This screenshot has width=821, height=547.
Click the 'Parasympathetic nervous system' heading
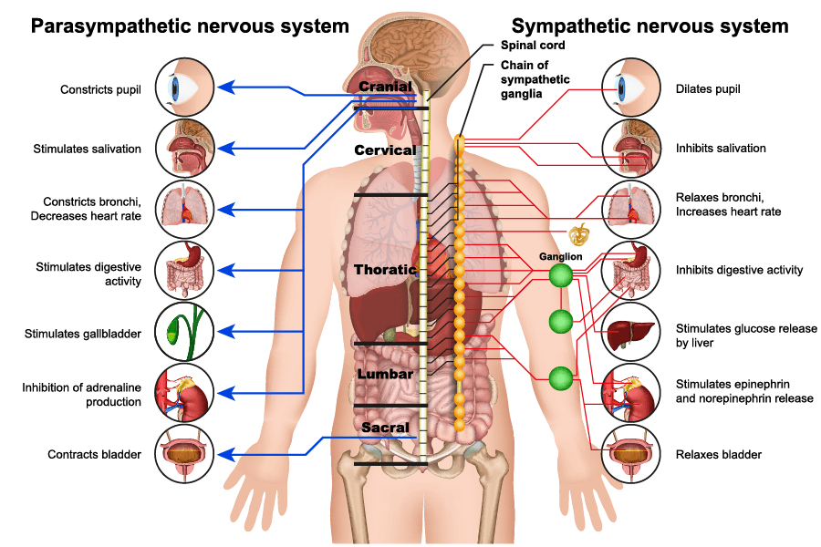190,26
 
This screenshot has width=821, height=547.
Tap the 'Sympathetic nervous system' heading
650,26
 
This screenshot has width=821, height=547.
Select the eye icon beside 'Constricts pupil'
185,88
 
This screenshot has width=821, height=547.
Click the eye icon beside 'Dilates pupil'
631,88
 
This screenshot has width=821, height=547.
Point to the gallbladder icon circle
185,333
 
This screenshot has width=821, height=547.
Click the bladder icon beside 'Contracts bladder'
185,453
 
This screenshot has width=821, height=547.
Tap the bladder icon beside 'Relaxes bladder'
631,453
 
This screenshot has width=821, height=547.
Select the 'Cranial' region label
386,87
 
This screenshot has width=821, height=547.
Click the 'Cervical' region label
385,150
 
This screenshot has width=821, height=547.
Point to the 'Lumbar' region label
386,374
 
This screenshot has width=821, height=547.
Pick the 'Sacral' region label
385,427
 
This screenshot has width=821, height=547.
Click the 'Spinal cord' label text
533,45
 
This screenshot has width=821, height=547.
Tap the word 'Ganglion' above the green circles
560,256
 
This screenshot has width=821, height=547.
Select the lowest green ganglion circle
560,377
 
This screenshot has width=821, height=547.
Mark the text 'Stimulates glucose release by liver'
746,335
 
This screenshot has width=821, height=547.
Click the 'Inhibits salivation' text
721,148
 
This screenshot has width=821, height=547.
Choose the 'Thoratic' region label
385,270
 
